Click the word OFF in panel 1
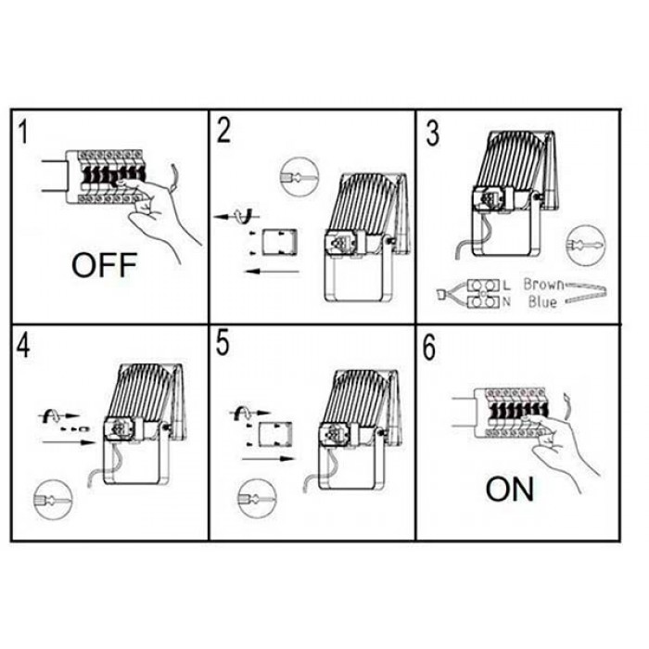pos(104,265)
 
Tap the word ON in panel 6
pos(510,490)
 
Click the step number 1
pos(23,131)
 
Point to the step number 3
pos(433,134)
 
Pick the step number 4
pos(23,345)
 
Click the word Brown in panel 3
pos(543,285)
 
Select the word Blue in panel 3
pos(542,301)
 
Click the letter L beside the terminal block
pos(506,286)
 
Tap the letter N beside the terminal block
pos(506,302)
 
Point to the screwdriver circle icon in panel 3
pos(585,245)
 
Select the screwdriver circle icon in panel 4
pos(53,500)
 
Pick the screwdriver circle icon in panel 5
pos(257,499)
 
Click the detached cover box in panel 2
pos(279,242)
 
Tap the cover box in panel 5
pos(274,435)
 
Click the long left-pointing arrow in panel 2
pos(272,272)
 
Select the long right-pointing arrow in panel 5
pos(268,459)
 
